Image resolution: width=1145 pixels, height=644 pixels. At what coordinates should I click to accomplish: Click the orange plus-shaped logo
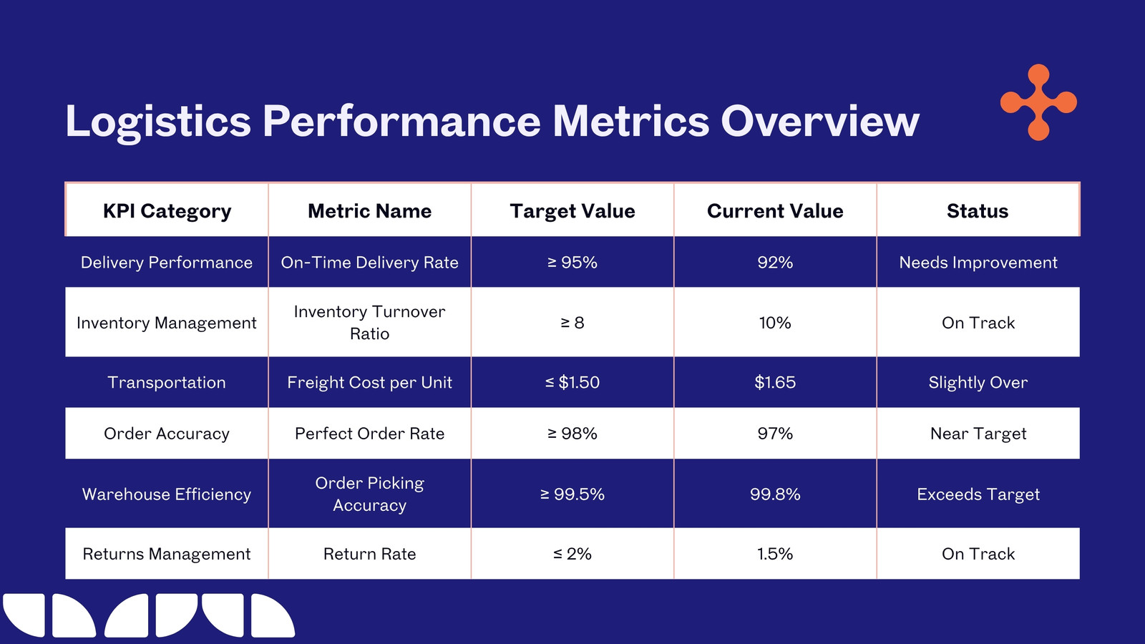click(1038, 102)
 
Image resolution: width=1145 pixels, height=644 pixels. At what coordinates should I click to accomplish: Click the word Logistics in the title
click(158, 122)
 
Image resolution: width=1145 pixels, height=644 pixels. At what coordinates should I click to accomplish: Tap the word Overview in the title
click(820, 121)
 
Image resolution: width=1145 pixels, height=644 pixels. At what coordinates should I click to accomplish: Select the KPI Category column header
click(167, 211)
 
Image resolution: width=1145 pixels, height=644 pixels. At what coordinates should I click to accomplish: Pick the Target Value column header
click(572, 211)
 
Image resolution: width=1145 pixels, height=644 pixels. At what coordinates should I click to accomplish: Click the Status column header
click(978, 211)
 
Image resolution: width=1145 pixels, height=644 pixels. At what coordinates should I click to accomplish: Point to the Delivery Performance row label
click(167, 262)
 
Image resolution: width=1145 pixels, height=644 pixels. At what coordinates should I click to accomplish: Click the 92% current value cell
click(775, 262)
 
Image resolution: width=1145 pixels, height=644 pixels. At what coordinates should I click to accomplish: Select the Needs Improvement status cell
click(978, 262)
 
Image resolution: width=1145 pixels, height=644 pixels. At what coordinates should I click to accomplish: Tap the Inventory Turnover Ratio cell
click(369, 323)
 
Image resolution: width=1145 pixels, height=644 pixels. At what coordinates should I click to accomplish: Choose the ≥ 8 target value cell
click(572, 323)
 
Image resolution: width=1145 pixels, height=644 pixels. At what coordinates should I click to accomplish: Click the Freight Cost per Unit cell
click(369, 382)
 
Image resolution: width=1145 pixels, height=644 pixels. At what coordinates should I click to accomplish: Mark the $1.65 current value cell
click(775, 382)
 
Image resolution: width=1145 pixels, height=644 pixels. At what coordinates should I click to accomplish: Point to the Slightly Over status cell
click(978, 382)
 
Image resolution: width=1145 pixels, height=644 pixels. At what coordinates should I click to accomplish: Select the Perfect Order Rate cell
click(369, 434)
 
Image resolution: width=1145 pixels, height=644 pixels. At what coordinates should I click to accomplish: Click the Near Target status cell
click(978, 434)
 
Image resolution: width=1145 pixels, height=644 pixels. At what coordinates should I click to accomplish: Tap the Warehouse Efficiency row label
click(167, 494)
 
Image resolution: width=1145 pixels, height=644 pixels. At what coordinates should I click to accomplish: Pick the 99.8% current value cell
click(775, 494)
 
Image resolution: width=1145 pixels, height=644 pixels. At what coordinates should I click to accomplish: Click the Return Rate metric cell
click(369, 554)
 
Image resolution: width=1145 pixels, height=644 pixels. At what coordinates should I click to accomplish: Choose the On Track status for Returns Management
click(978, 554)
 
